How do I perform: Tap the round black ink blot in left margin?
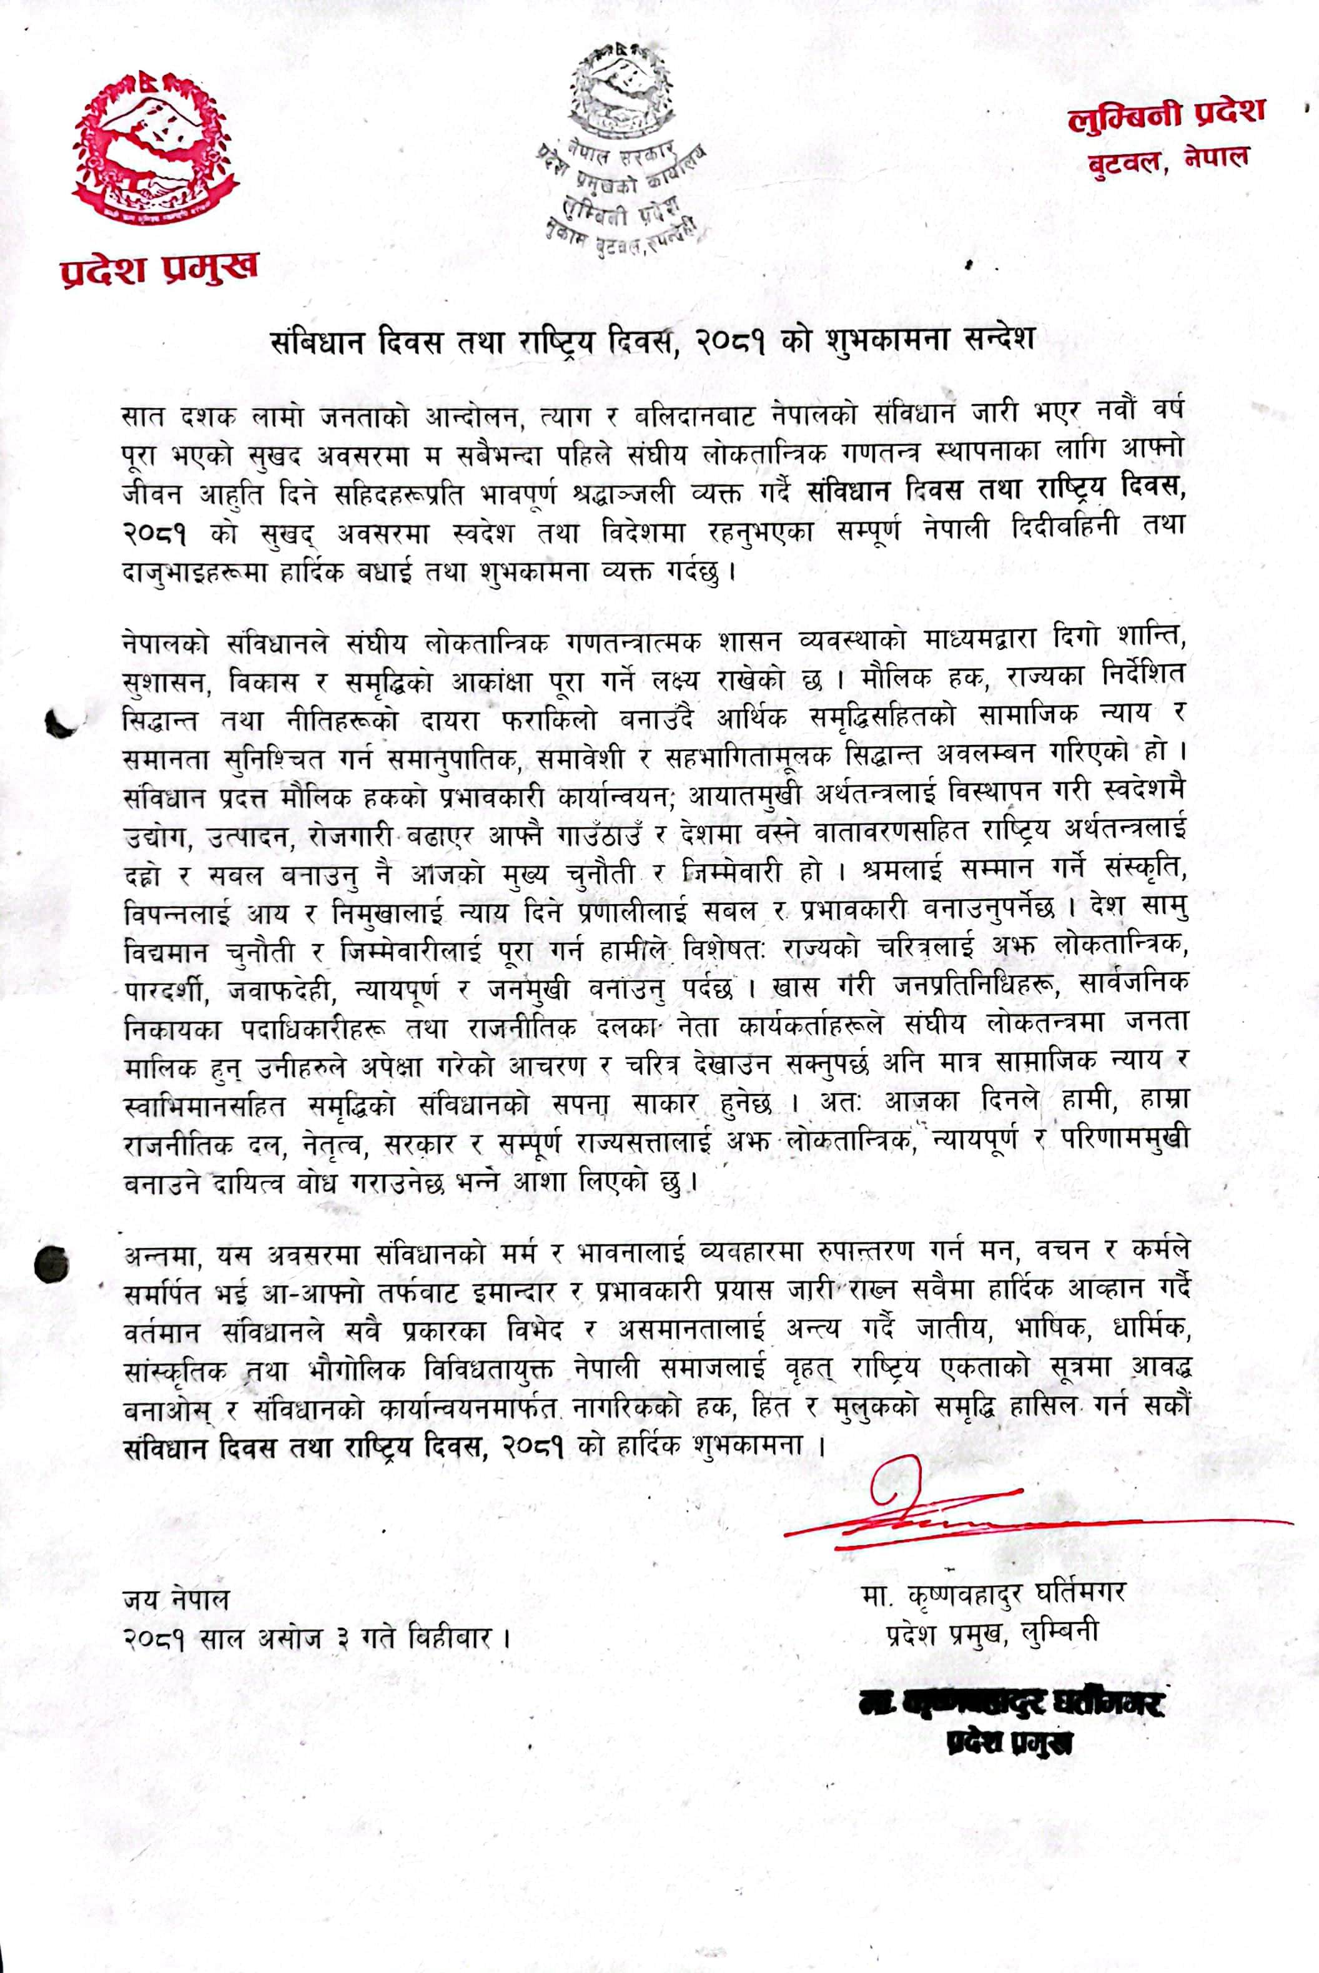point(51,1261)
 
